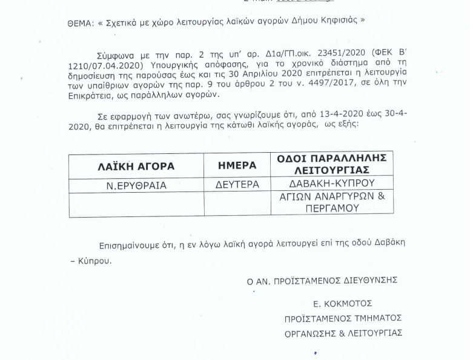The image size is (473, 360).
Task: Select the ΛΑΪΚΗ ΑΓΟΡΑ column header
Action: (x=136, y=166)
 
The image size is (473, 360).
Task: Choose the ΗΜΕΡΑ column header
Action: (x=237, y=165)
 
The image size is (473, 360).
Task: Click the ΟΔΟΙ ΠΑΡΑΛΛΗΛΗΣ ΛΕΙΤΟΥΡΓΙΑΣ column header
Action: (x=332, y=164)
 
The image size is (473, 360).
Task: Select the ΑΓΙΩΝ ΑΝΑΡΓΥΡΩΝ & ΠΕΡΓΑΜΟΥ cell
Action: (x=332, y=202)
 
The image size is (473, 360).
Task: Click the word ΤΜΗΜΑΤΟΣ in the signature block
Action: (x=376, y=318)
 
